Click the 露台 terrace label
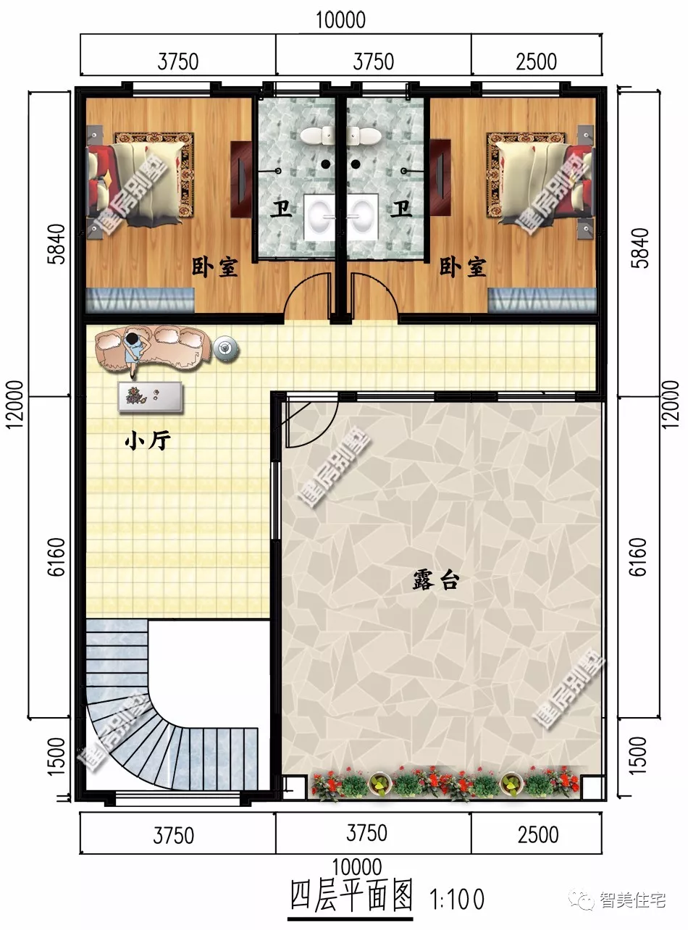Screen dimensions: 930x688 [435, 581]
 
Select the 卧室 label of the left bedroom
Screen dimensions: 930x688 [214, 267]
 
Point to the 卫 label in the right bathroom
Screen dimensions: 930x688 [401, 211]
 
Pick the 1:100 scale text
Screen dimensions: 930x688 [457, 900]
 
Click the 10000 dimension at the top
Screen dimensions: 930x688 [340, 20]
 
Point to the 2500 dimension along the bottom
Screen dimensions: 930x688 [537, 834]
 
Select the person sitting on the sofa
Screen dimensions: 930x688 [134, 351]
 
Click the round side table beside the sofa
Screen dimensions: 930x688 [227, 348]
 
